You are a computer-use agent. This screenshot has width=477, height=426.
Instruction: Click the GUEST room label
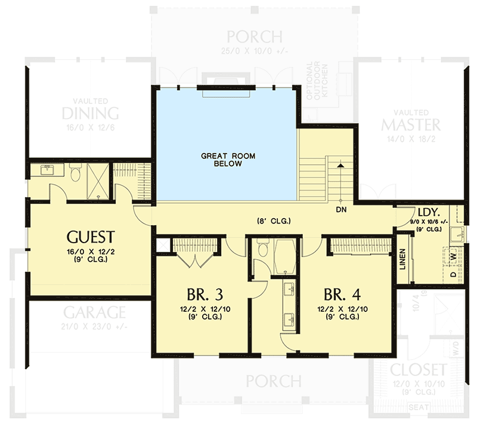coord(91,235)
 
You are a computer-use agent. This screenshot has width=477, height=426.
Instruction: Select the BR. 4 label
coord(342,295)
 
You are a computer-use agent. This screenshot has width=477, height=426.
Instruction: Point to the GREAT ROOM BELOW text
coord(228,160)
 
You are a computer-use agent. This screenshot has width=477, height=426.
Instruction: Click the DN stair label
coord(341,210)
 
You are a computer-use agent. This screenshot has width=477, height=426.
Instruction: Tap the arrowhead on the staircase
coord(340,164)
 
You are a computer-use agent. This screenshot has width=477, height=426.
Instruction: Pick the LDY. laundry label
coord(429,213)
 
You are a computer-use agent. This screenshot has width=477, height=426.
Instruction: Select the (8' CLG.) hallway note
coord(274,221)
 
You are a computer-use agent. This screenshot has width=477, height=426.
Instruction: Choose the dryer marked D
coord(453,274)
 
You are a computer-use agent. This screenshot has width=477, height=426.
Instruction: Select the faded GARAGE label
coord(94,312)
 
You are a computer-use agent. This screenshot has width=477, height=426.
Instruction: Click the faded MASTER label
coord(411,124)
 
